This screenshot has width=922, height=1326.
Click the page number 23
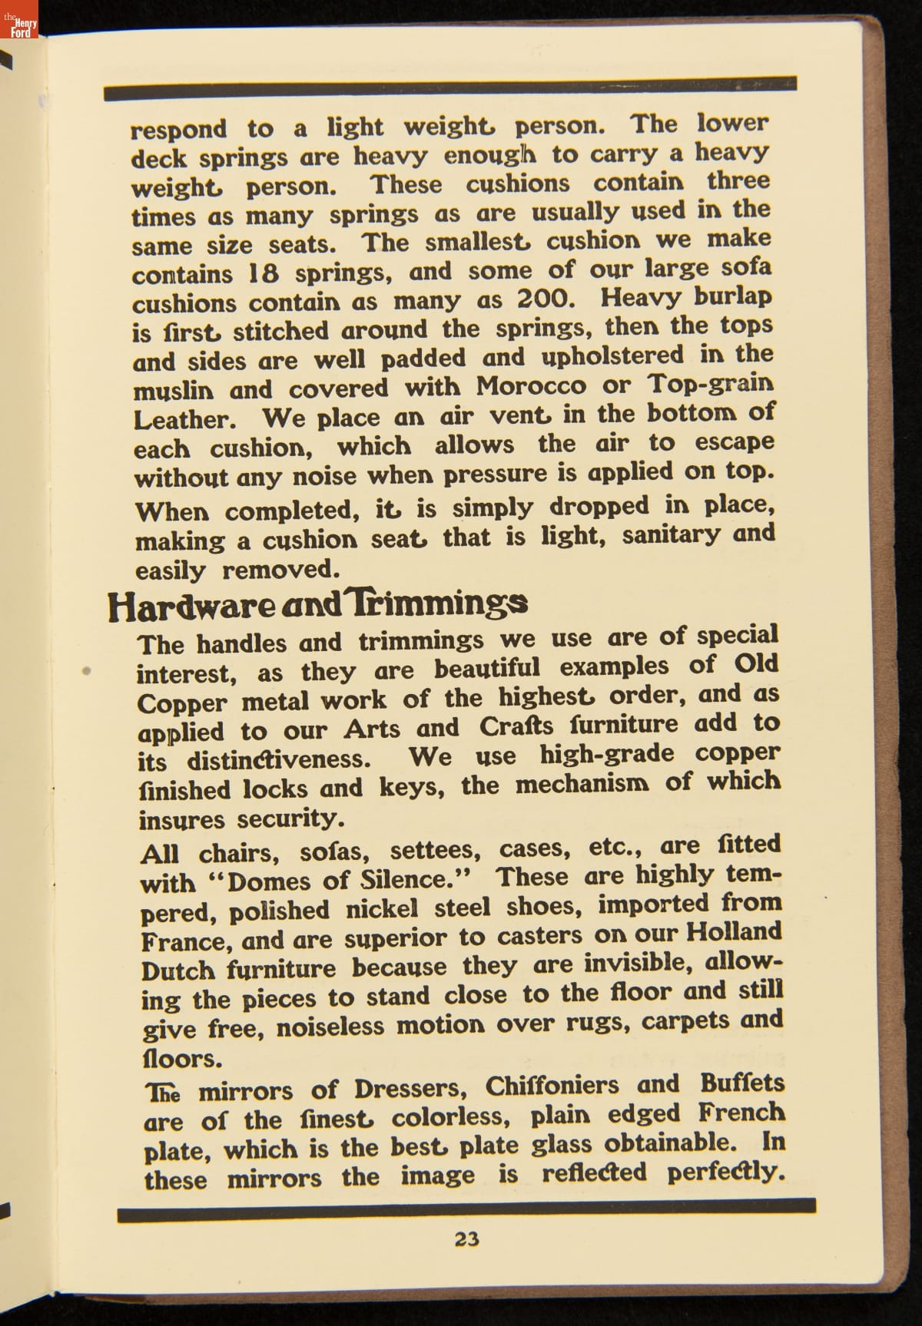[466, 1238]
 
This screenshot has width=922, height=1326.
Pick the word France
[187, 941]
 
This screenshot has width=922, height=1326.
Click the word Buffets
[742, 1083]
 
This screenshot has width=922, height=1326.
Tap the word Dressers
[413, 1089]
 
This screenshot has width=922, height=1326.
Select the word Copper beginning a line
[182, 703]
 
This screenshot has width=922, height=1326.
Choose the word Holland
[733, 932]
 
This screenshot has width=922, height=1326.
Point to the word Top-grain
[711, 382]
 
